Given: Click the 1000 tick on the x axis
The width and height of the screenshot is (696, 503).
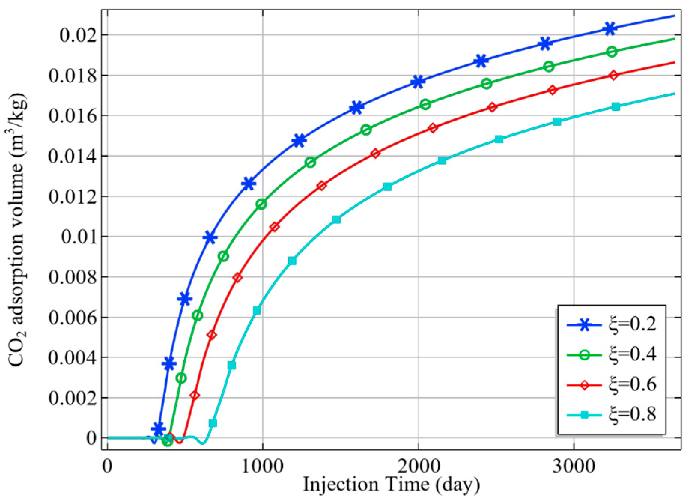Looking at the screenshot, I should [262, 468].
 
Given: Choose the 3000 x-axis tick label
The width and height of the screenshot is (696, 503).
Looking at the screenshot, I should [574, 468].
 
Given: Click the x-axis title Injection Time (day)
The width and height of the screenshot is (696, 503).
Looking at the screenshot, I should [391, 485].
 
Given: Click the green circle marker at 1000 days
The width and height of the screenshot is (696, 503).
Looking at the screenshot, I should [262, 204].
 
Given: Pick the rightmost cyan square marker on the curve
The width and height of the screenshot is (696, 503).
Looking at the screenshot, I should [616, 107].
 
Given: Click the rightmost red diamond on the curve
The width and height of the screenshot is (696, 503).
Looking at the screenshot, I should [613, 75].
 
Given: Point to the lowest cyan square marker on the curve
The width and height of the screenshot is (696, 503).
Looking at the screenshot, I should [213, 423].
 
